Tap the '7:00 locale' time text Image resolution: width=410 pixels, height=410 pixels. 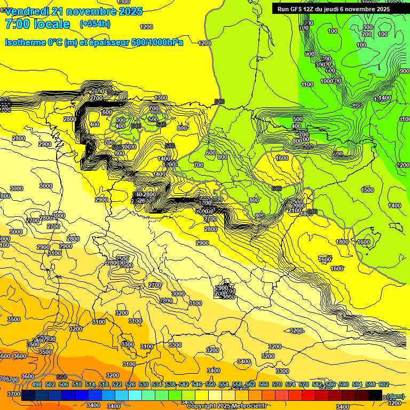pyautogui.click(x=37, y=24)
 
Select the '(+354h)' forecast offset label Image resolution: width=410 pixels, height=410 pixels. pyautogui.click(x=94, y=24)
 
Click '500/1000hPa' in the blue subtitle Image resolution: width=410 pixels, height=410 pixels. pyautogui.click(x=157, y=42)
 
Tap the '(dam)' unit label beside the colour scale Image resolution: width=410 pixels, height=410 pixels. pyautogui.click(x=395, y=396)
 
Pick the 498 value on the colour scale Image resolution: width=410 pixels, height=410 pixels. pyautogui.click(x=37, y=385)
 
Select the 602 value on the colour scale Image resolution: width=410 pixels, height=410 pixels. pyautogui.click(x=383, y=385)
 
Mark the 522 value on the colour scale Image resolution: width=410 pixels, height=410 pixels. pyautogui.click(x=117, y=385)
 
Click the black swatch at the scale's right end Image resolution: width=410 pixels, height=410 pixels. pyautogui.click(x=375, y=396)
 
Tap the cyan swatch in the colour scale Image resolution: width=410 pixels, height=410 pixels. pyautogui.click(x=135, y=396)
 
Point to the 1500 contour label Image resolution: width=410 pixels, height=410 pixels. pyautogui.click(x=367, y=190)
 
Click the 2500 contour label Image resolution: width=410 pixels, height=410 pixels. pyautogui.click(x=123, y=259)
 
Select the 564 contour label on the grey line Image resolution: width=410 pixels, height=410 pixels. pyautogui.click(x=61, y=377)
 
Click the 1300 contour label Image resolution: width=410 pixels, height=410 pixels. pyautogui.click(x=161, y=98)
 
